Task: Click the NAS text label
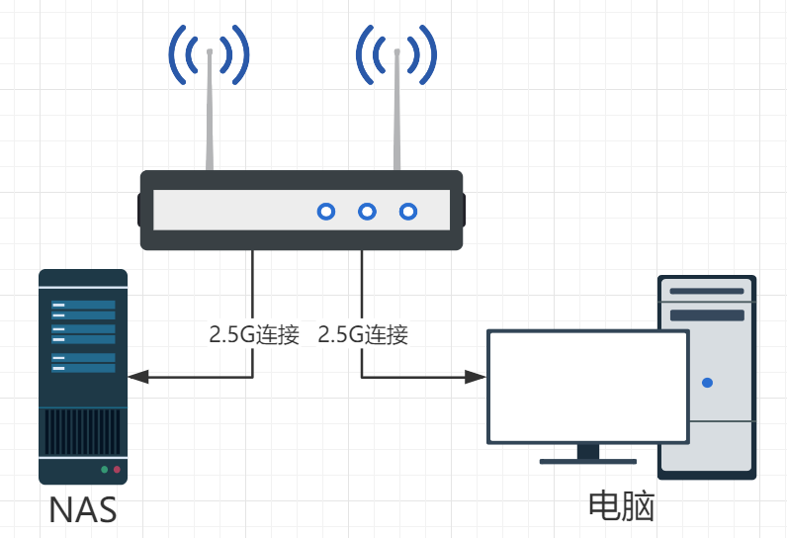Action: pyautogui.click(x=83, y=510)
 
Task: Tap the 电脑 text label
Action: pyautogui.click(x=622, y=506)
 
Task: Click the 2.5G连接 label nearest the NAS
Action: pyautogui.click(x=254, y=334)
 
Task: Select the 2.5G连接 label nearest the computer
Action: pyautogui.click(x=363, y=334)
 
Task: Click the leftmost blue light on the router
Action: pyautogui.click(x=325, y=211)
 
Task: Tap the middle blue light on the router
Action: pyautogui.click(x=367, y=211)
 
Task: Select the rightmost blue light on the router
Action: pyautogui.click(x=408, y=211)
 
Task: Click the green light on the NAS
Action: pyautogui.click(x=104, y=469)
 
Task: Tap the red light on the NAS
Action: pyautogui.click(x=117, y=469)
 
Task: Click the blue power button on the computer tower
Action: pyautogui.click(x=706, y=382)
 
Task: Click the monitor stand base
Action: pyautogui.click(x=588, y=460)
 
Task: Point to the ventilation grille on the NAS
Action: pyautogui.click(x=83, y=431)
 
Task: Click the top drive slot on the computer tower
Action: pyautogui.click(x=707, y=292)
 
